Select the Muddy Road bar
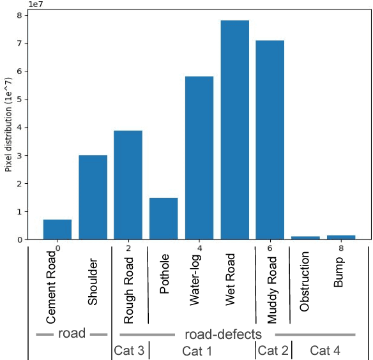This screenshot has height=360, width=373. [x=270, y=140]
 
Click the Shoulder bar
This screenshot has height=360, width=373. [x=93, y=198]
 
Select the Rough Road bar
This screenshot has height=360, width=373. [x=128, y=185]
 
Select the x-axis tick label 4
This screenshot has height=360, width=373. [x=199, y=248]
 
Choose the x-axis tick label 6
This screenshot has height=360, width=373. [x=270, y=248]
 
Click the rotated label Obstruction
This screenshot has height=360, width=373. [x=305, y=281]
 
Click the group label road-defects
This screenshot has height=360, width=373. [x=223, y=334]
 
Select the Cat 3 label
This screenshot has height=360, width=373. [x=129, y=350]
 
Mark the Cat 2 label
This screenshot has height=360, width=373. [x=273, y=350]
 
